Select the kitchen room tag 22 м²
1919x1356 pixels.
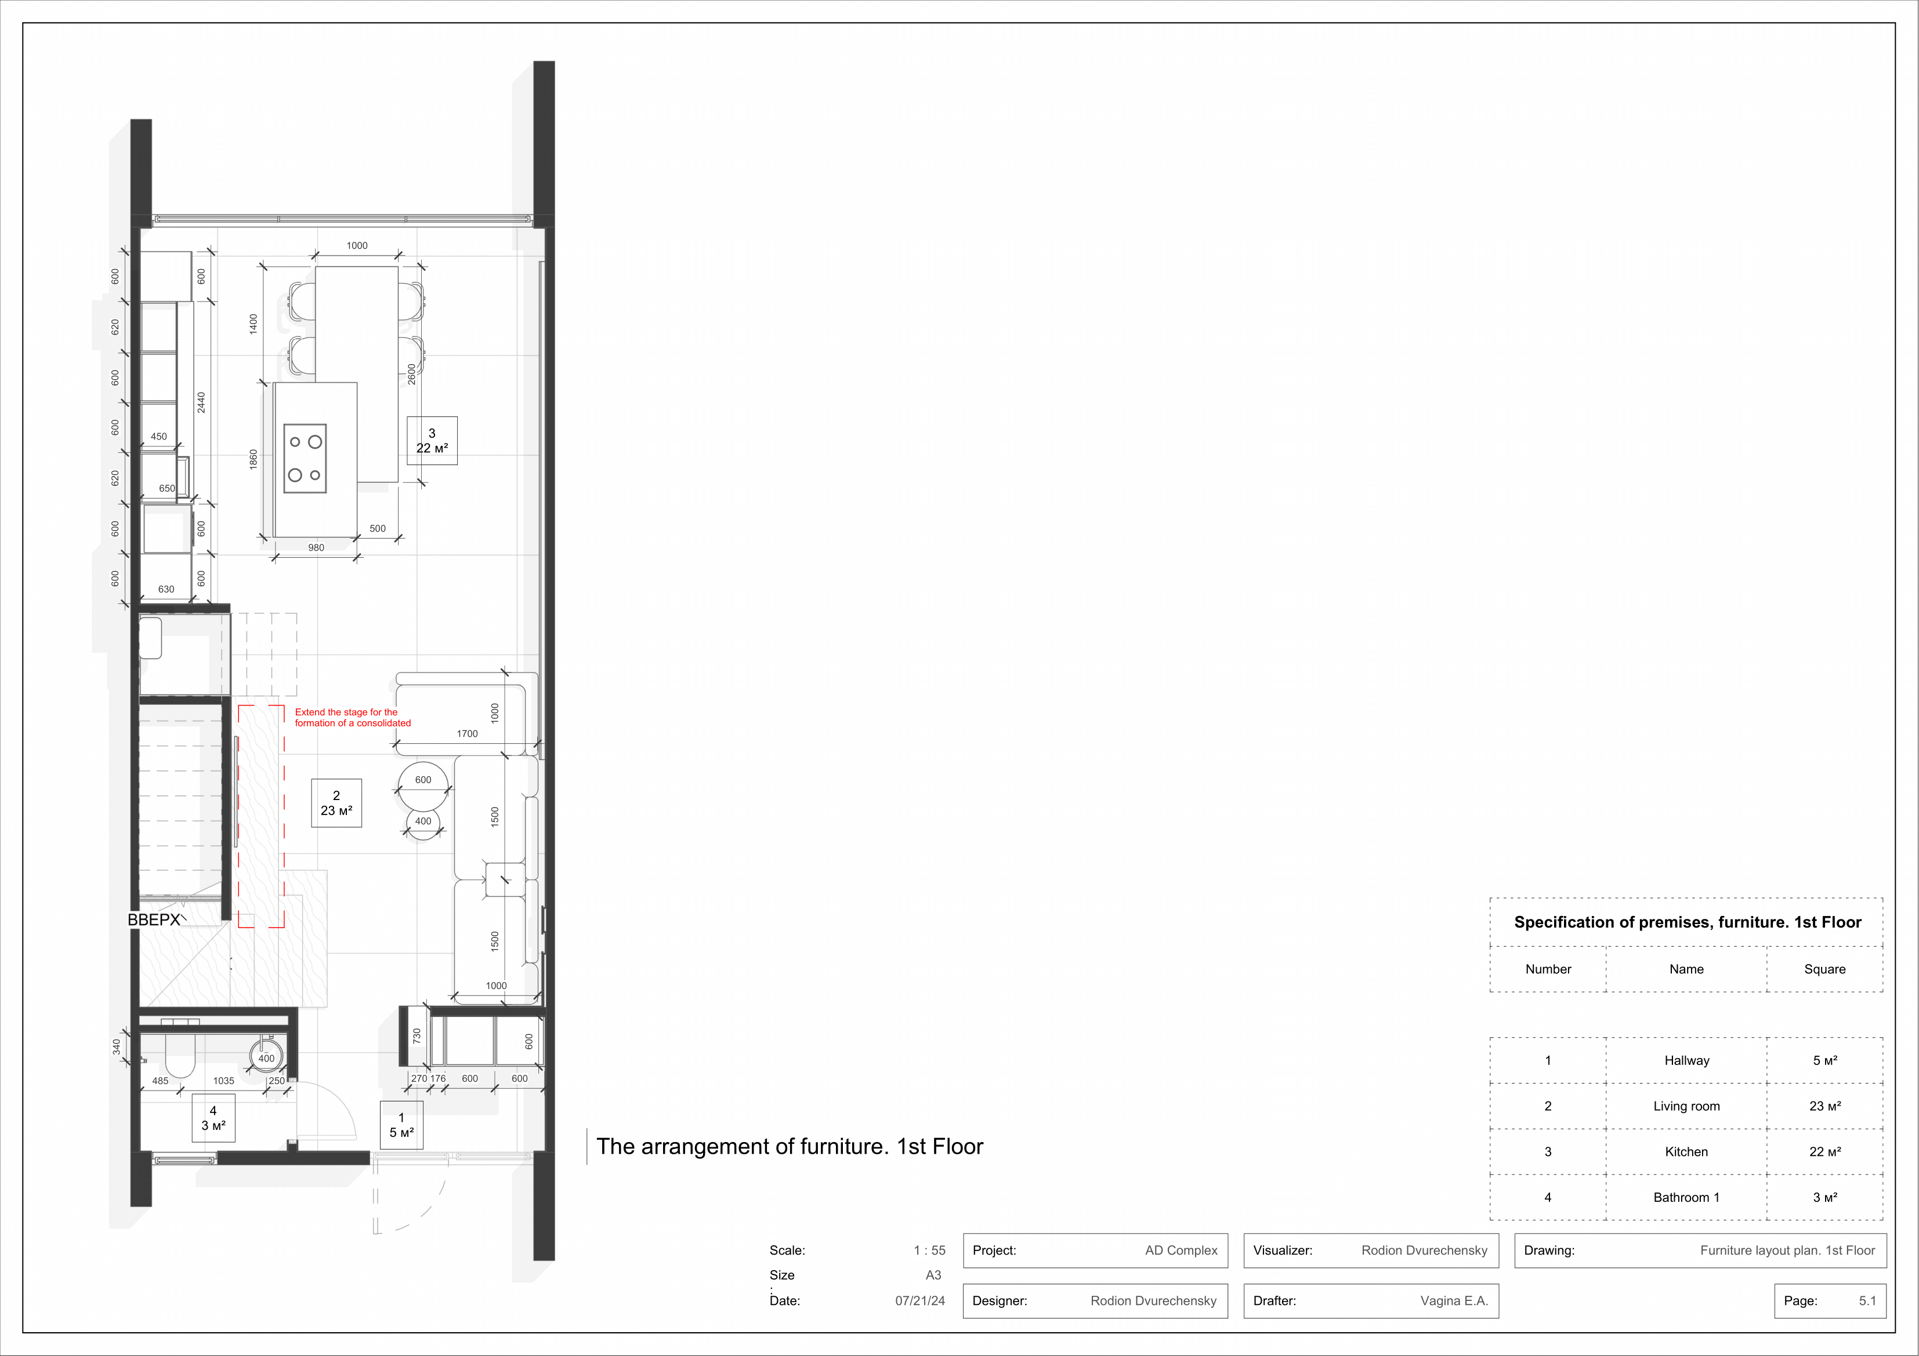(432, 440)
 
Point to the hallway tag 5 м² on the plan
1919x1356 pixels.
(401, 1125)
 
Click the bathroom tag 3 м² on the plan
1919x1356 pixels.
(213, 1118)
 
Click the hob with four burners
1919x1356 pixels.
(305, 459)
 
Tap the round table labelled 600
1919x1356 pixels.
(423, 786)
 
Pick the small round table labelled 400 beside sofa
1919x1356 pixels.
(423, 824)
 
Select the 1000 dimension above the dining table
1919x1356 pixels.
(357, 246)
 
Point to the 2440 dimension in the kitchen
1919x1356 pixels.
(201, 403)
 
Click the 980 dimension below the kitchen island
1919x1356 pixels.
(316, 548)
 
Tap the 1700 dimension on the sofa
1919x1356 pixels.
(467, 733)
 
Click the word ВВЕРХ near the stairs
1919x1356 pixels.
(154, 920)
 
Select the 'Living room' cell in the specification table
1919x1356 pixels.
(1686, 1106)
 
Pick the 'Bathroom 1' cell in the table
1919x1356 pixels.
(1686, 1197)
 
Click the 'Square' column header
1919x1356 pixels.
(1824, 969)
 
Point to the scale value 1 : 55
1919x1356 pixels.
(929, 1250)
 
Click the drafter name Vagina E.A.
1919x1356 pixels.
(1454, 1301)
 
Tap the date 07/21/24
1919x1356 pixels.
(920, 1301)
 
